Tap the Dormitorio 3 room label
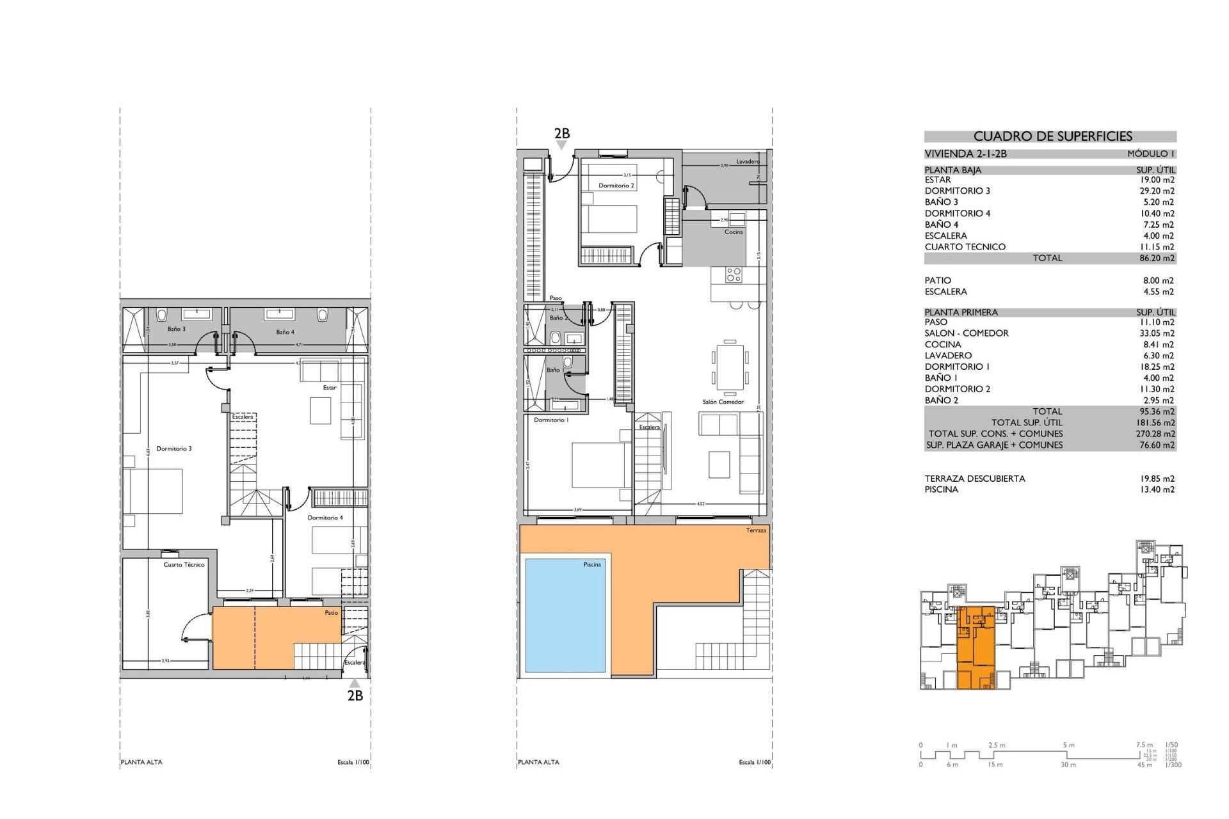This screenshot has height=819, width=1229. pos(173,449)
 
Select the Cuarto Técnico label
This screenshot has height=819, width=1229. pos(184,564)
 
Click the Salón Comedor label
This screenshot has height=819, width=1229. pos(723,402)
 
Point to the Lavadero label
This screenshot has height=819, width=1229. pos(747,161)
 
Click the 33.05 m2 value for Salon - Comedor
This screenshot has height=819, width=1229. pos(1157,333)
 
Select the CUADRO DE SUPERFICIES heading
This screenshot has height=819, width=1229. pos(1052,136)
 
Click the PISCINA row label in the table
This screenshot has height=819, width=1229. pos(941,489)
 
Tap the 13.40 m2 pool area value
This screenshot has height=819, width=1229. pos(1157,489)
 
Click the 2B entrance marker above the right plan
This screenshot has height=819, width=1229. pos(561,134)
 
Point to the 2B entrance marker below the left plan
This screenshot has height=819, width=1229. pos(355,696)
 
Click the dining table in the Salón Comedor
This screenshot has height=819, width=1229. pos(730,367)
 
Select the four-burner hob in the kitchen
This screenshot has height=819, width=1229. pos(734,275)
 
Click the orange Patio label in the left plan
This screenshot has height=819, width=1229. pos(331,613)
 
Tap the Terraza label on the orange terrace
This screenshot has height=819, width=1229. pos(755,530)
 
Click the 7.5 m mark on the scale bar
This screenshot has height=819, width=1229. pos(1144,745)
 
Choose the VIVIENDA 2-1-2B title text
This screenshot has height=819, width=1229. pos(965,154)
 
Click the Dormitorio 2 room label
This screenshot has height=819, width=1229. pos(616,186)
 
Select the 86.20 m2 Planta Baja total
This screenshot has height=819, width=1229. pos(1157,258)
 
